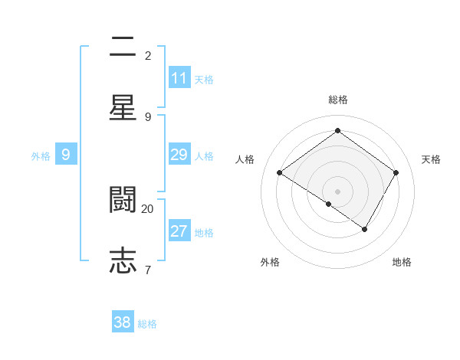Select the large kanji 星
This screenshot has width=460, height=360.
pos(123,106)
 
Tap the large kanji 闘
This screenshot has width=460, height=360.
pos(123,200)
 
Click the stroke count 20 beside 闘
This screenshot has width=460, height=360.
pos(147,208)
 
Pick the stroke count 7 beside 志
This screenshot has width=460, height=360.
pos(147,269)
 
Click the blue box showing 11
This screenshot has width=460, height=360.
pos(179,78)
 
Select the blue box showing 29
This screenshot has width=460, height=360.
pos(179,155)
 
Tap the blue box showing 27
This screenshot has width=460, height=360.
pos(179,231)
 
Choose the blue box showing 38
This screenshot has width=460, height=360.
pos(123,322)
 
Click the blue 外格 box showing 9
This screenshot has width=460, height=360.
pos(66,155)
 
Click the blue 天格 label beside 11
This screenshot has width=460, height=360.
pos(204,79)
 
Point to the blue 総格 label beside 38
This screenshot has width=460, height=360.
pos(147,323)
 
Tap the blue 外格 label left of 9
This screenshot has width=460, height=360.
pos(41,156)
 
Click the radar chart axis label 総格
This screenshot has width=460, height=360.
pos(337,100)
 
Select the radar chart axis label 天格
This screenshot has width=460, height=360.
pos(431,159)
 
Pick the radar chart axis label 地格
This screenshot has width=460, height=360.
pos(402,262)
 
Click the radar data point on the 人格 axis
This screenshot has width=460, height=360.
pos(280,173)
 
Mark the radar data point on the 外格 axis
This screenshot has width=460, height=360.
pos(329,204)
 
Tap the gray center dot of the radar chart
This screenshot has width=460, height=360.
pos(337,191)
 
